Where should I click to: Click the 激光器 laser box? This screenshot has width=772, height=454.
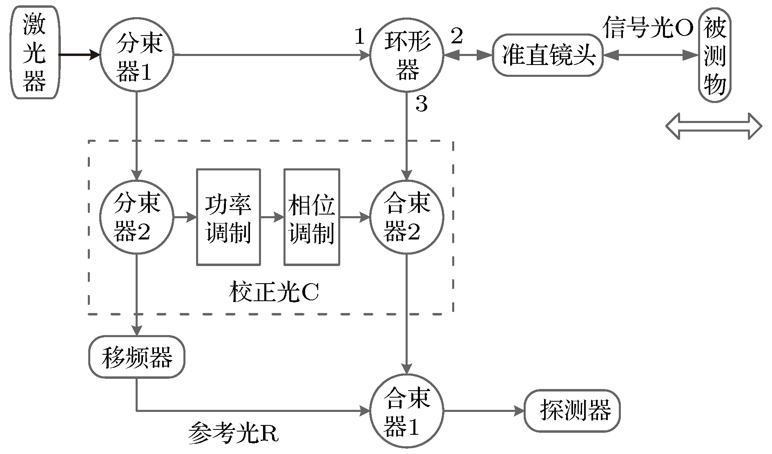[x=35, y=52]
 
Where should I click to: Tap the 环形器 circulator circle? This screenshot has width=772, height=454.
[x=406, y=55]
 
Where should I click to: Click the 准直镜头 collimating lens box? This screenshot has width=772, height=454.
[x=547, y=55]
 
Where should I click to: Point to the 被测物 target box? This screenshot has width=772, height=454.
[x=714, y=54]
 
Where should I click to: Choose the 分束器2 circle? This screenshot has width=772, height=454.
[x=137, y=217]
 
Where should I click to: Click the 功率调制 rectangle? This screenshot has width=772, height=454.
[x=228, y=217]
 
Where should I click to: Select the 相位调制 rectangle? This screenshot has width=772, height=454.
[x=312, y=217]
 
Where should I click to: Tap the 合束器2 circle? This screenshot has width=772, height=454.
[x=406, y=217]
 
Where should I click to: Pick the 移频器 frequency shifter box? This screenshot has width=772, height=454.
[x=137, y=357]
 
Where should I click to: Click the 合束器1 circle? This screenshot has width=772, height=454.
[x=406, y=411]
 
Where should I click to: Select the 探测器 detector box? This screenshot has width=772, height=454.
[x=572, y=411]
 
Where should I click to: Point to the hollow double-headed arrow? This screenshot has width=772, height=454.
[x=714, y=126]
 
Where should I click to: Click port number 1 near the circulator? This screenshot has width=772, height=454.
[x=359, y=37]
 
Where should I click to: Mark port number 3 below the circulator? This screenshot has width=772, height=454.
[x=422, y=104]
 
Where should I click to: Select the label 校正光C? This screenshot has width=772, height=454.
[x=274, y=292]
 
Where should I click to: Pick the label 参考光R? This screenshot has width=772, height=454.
[x=233, y=434]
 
